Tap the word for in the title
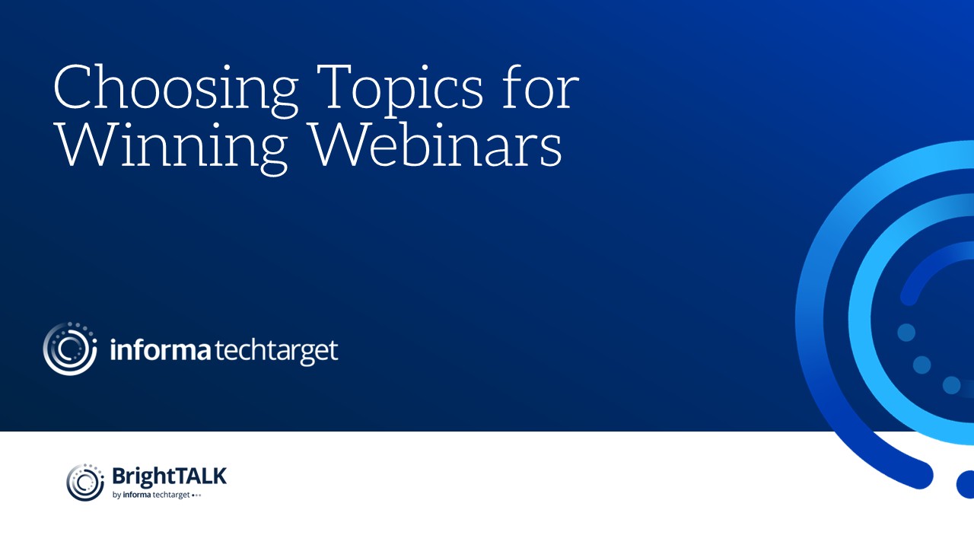point(541,86)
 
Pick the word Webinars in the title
point(437,145)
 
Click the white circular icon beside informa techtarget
point(70,349)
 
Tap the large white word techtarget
point(276,352)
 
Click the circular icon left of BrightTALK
point(85,483)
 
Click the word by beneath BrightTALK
point(116,495)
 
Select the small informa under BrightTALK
point(137,495)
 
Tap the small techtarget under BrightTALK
point(171,495)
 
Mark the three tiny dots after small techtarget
point(196,495)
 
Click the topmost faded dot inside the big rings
point(906,333)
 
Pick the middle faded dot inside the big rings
point(921,365)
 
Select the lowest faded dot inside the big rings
point(951,385)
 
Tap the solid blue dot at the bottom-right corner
point(966,484)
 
